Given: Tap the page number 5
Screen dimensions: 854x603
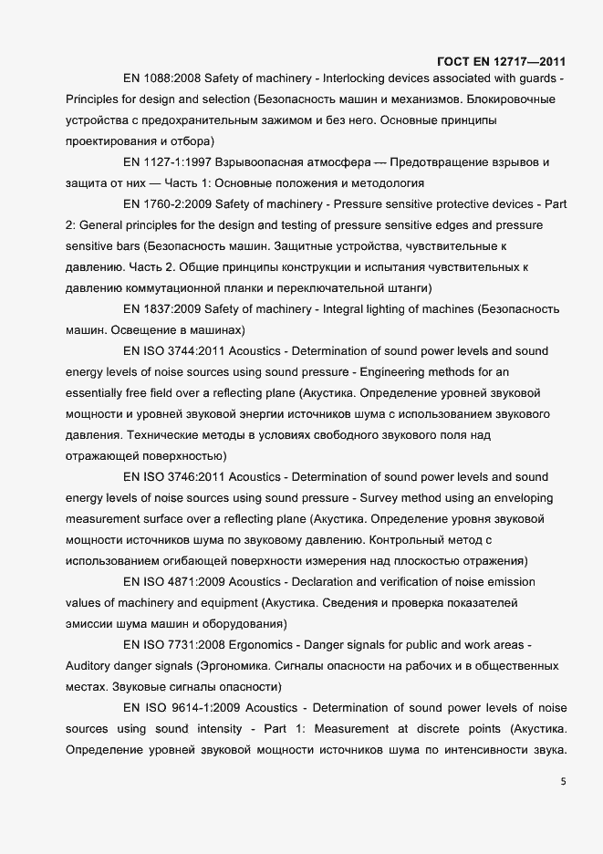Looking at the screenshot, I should click(x=562, y=781).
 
